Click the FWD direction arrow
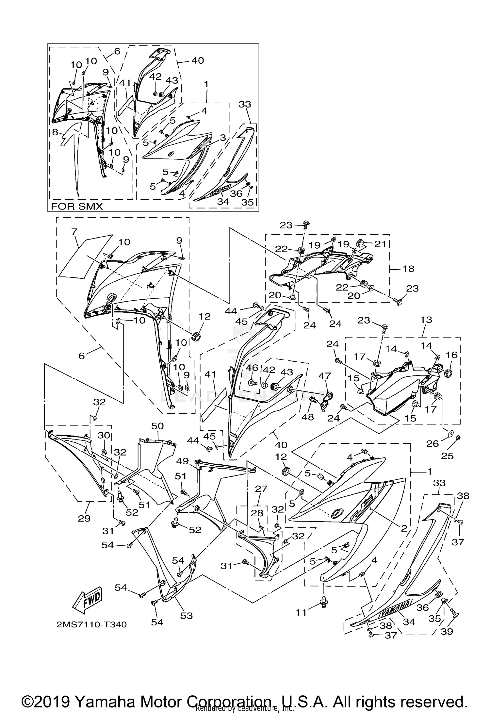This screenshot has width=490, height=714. click(x=88, y=601)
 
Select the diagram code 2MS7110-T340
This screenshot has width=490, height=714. click(x=91, y=624)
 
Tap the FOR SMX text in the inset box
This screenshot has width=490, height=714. click(x=77, y=206)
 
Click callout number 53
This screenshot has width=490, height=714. click(x=187, y=616)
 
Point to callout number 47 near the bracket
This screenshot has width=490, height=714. click(x=324, y=375)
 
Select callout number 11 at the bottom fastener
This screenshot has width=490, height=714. click(x=301, y=612)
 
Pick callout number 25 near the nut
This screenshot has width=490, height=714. click(x=447, y=456)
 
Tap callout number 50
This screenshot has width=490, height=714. click(x=157, y=426)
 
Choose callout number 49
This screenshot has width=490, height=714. click(x=183, y=461)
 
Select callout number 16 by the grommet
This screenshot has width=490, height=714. click(x=452, y=355)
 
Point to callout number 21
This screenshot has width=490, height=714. click(x=380, y=244)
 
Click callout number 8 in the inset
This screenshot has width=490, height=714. click(x=55, y=132)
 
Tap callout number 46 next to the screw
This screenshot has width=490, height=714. click(x=252, y=368)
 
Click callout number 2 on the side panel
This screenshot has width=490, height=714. click(x=404, y=528)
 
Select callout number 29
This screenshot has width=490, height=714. click(x=84, y=518)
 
